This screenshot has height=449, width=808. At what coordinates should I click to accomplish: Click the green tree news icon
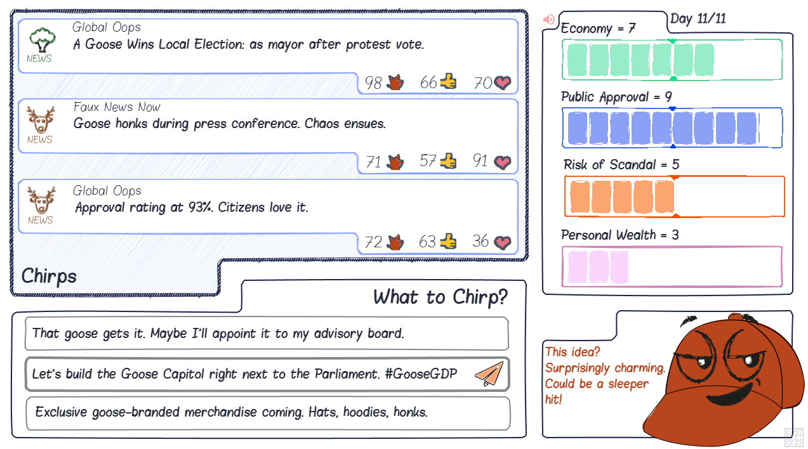[x=42, y=40]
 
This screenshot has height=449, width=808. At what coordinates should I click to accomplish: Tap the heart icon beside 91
[x=503, y=162]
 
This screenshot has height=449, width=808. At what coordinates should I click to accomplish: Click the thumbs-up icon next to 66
[x=448, y=81]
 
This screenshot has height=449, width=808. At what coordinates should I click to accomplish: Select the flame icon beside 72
[x=395, y=242]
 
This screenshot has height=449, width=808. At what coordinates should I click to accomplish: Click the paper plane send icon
[x=489, y=374]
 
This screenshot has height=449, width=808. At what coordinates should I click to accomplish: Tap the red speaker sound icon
[x=548, y=19]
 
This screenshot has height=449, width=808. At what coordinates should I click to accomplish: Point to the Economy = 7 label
[x=598, y=29]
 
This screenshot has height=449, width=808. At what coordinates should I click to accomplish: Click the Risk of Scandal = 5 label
[x=621, y=165]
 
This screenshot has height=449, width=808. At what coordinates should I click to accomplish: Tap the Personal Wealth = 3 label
[x=619, y=235]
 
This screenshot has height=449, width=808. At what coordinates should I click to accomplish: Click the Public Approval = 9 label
[x=616, y=97]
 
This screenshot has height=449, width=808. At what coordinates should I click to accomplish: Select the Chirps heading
[x=49, y=277]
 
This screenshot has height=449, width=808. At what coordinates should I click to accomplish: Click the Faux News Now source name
[x=117, y=107]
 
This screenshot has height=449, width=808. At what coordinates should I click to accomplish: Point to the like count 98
[x=373, y=83]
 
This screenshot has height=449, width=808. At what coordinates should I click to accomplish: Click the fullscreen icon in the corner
[x=794, y=437]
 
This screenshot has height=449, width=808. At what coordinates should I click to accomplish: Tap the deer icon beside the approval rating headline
[x=41, y=200]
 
